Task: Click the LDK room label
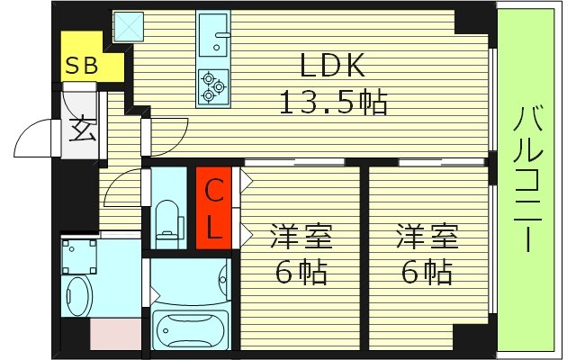(x=332, y=67)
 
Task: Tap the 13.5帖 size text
(x=332, y=103)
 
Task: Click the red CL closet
(x=214, y=209)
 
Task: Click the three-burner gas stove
(x=212, y=85)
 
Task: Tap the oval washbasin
(x=77, y=295)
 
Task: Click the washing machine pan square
(x=80, y=256)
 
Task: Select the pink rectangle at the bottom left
(x=116, y=334)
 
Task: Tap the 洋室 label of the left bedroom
(x=301, y=238)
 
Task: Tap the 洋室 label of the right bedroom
(x=428, y=238)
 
